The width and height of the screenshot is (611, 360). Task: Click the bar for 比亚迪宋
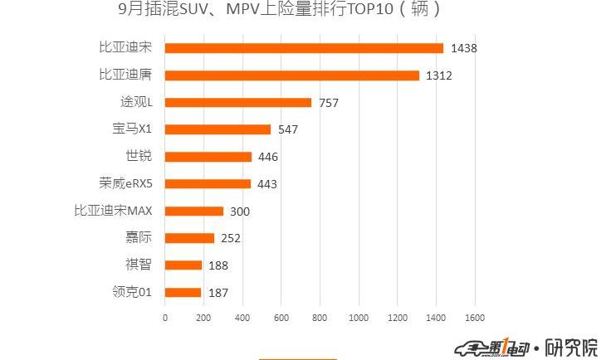click(x=304, y=48)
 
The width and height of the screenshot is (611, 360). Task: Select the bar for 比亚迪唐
click(x=292, y=75)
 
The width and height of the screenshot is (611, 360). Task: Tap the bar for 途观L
click(x=238, y=102)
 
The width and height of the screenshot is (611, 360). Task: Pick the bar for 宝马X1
click(x=218, y=129)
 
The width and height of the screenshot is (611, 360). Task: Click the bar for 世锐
click(x=208, y=157)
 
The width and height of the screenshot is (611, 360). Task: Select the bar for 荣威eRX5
click(x=208, y=184)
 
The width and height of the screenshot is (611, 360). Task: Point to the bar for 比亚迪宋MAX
click(x=194, y=211)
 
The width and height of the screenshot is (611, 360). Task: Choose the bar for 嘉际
click(x=189, y=238)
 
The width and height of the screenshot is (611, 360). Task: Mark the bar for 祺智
click(x=183, y=265)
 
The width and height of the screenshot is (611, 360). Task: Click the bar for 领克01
click(x=183, y=292)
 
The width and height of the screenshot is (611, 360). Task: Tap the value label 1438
click(x=463, y=48)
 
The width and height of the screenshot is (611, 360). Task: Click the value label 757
click(x=329, y=103)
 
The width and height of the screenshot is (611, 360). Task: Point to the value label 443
click(x=267, y=184)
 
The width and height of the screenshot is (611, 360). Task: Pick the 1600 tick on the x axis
click(x=474, y=318)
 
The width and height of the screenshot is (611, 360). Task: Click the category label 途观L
click(x=138, y=102)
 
